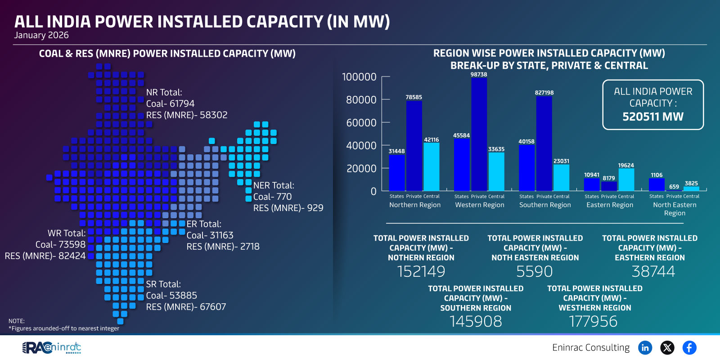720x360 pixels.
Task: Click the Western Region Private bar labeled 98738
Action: (x=479, y=135)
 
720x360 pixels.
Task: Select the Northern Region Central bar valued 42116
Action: (x=431, y=167)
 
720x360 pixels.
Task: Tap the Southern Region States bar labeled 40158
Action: (x=526, y=168)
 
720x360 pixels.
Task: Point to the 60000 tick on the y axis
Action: (x=361, y=122)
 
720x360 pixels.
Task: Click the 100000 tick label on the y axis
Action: (x=359, y=77)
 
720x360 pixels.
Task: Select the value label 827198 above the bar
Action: (x=544, y=93)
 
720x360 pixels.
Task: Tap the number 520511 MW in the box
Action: (x=652, y=117)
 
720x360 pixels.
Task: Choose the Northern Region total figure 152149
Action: (x=421, y=271)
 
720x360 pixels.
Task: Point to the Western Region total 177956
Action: (x=593, y=321)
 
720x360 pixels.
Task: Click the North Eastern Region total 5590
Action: (x=534, y=271)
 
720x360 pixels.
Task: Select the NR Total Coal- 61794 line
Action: (x=170, y=103)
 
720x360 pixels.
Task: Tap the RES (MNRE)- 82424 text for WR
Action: (x=45, y=256)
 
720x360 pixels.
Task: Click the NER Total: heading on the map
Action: (x=274, y=185)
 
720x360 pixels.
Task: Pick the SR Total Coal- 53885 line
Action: (x=171, y=295)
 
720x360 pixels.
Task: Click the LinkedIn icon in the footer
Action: (x=645, y=347)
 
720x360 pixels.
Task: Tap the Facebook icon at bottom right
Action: (x=689, y=347)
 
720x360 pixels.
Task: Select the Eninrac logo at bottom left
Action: (x=52, y=347)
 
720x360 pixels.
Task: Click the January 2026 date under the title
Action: (x=41, y=35)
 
